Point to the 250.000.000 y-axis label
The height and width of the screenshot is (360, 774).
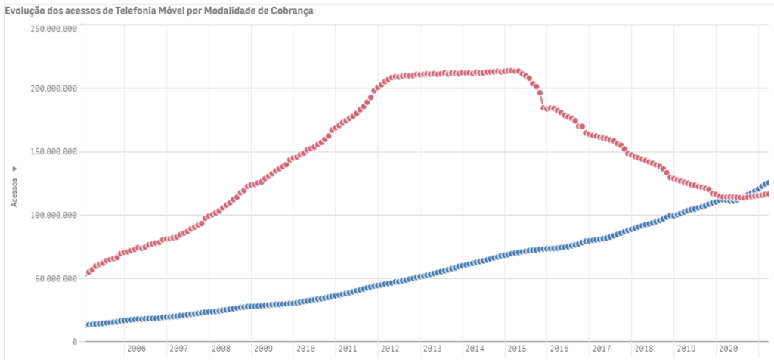(54, 29)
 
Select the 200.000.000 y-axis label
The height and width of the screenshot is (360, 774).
(54, 88)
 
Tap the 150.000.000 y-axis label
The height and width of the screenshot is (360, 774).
(54, 152)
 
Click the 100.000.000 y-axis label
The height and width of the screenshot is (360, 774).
(54, 216)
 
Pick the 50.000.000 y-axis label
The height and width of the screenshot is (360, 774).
(56, 279)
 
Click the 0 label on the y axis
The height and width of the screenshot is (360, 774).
(74, 342)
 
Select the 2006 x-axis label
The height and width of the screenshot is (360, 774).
(136, 349)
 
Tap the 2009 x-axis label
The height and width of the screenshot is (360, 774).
(263, 349)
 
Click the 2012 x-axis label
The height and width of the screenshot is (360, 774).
(390, 349)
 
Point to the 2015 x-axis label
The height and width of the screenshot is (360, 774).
(517, 349)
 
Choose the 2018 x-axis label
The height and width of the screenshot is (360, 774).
(644, 349)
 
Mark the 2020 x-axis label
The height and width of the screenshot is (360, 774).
(729, 349)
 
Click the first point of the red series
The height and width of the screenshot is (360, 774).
(87, 273)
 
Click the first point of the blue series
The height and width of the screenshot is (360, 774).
(87, 325)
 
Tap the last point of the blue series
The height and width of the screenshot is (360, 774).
(769, 182)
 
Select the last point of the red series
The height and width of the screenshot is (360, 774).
(769, 194)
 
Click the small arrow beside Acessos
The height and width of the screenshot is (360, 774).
(14, 168)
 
